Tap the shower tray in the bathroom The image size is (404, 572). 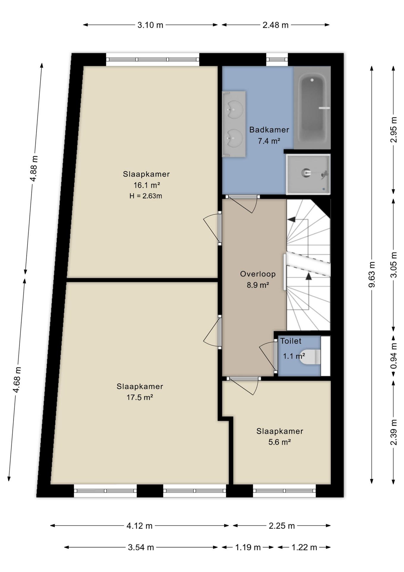[x=308, y=174]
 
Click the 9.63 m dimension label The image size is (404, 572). [x=372, y=274]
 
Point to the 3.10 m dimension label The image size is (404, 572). [x=150, y=25]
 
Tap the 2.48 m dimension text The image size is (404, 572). [x=275, y=25]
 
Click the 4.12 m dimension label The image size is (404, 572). [x=140, y=526]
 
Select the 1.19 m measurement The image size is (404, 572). [x=248, y=547]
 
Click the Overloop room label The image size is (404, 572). [x=258, y=274]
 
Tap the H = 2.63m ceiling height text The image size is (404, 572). [x=146, y=196]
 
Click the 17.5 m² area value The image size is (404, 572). [x=140, y=397]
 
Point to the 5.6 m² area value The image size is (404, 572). [x=280, y=442]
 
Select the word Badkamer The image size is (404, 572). [x=269, y=130]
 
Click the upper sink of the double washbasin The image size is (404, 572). [x=234, y=109]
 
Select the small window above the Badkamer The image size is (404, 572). [x=277, y=60]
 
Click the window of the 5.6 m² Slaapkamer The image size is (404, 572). [x=284, y=491]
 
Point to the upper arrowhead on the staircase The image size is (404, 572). [x=291, y=220]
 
